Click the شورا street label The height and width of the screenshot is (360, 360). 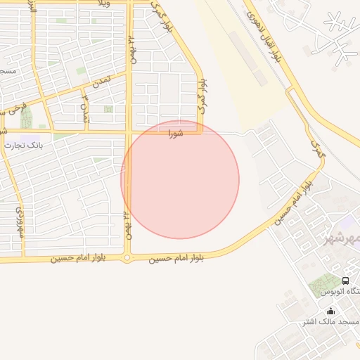pyautogui.click(x=175, y=133)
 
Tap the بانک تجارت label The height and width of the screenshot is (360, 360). pyautogui.click(x=23, y=144)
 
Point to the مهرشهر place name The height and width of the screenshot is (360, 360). pyautogui.click(x=340, y=238)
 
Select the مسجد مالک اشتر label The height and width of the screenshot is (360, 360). pyautogui.click(x=331, y=321)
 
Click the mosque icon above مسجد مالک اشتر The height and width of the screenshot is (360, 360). pyautogui.click(x=331, y=311)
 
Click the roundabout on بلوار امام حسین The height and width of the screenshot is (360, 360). pyautogui.click(x=127, y=259)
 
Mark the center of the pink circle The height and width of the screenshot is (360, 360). pyautogui.click(x=180, y=179)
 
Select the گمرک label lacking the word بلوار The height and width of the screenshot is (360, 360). pyautogui.click(x=318, y=148)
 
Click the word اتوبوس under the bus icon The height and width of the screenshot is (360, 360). pyautogui.click(x=330, y=291)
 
